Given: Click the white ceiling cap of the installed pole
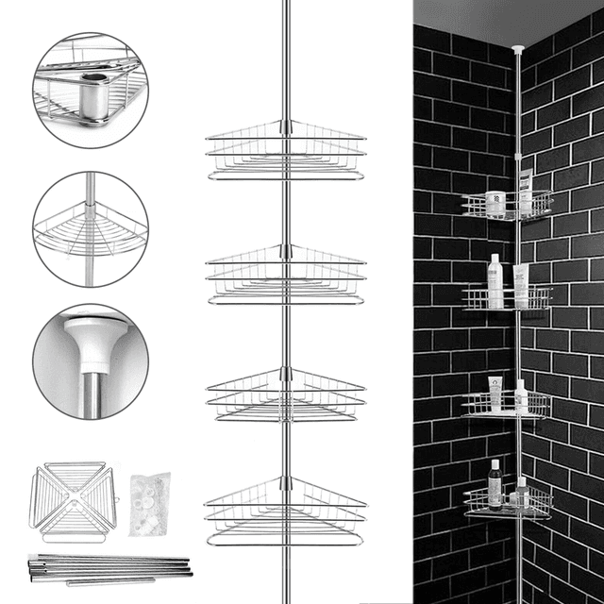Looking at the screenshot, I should coord(518,45).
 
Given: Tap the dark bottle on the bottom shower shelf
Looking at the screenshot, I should coord(495,482).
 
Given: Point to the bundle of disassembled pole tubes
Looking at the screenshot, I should coord(109,564).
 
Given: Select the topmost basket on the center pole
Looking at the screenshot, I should coord(285,151).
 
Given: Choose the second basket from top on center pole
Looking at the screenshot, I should coord(285,276).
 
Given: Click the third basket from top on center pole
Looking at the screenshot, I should coord(285,396).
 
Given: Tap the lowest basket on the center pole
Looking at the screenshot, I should coord(285,510).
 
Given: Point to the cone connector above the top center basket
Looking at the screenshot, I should coord(285,126).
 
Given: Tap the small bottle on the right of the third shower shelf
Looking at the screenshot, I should coord(521,396).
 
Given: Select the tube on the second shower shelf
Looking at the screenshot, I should coord(520,287).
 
